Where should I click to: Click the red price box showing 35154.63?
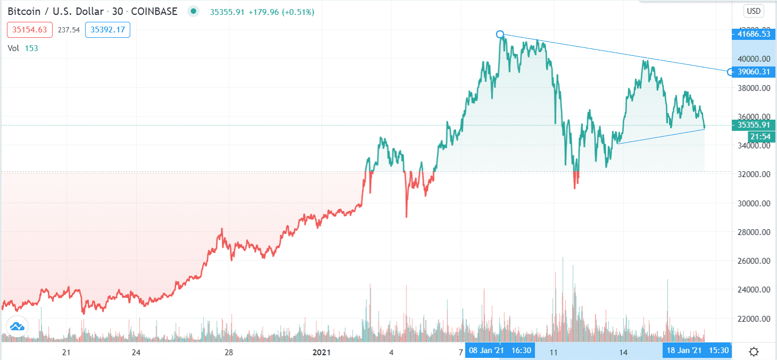[x=30, y=30]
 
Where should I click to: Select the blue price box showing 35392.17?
[x=108, y=30]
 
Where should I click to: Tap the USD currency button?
[x=754, y=11]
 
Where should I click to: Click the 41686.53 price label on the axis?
[x=751, y=35]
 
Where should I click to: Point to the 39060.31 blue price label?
[x=751, y=72]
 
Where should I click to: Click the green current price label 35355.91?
[x=751, y=125]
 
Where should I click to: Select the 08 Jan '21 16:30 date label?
[x=500, y=350]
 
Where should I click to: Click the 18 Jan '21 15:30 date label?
[x=696, y=350]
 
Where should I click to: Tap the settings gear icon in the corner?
[x=754, y=351]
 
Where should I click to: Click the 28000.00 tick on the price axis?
[x=750, y=232]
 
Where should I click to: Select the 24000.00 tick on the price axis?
[x=750, y=290]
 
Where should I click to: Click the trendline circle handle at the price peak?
[x=500, y=35]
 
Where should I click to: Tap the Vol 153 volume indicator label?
[x=23, y=48]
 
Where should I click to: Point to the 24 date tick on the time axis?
[x=136, y=351]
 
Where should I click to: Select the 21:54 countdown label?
[x=759, y=137]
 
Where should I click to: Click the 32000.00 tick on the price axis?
[x=750, y=174]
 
